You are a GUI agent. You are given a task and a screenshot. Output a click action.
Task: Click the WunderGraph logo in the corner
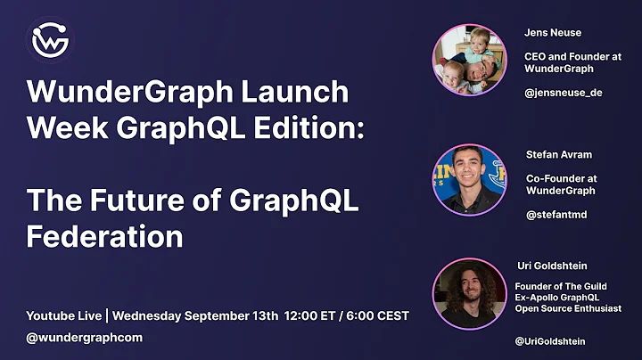51,40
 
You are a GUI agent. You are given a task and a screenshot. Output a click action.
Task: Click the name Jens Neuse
553,33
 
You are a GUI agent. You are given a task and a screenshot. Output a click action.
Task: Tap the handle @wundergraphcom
85,338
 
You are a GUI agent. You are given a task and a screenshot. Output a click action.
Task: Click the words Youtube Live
63,315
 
